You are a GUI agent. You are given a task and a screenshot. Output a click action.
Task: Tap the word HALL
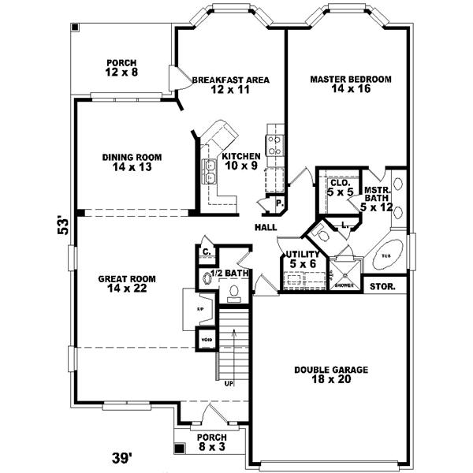point(265,228)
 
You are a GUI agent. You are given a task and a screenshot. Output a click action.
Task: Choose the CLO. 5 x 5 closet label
point(341,187)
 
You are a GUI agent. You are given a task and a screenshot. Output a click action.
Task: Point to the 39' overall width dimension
point(121,456)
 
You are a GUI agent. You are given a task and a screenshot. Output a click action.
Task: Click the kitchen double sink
point(210,171)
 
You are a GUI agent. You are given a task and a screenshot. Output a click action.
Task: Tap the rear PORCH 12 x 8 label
point(122,68)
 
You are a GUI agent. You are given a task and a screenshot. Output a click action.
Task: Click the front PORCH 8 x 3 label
point(211,442)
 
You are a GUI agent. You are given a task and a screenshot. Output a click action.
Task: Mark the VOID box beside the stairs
point(206,341)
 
